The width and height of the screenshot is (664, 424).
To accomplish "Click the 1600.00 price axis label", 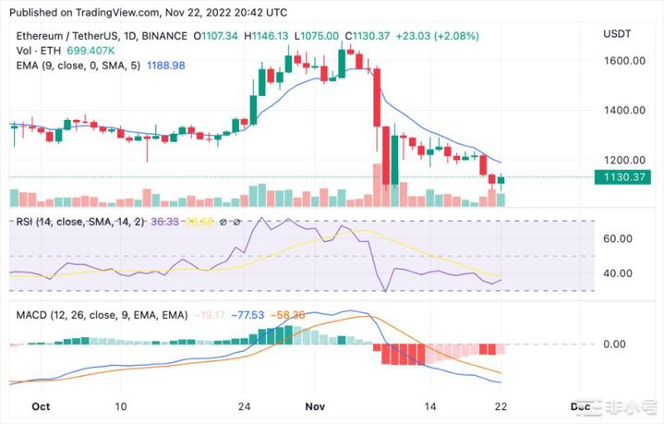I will tap(626, 61).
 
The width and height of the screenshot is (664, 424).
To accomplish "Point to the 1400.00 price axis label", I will tap(626, 110).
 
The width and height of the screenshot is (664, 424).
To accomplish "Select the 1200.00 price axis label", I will tap(626, 160).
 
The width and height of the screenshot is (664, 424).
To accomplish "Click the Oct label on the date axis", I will tap(41, 406).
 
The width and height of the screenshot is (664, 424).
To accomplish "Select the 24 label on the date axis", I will tap(244, 406).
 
